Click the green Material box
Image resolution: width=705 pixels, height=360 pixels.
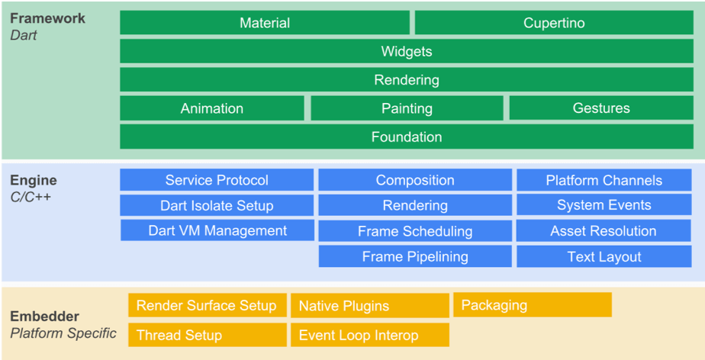(x=265, y=23)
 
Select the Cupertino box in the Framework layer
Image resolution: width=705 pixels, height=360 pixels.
(x=554, y=23)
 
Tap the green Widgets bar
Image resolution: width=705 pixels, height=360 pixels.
(x=406, y=52)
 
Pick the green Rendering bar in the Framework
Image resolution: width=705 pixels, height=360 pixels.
(x=406, y=80)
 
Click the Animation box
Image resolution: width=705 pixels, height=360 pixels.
(x=212, y=108)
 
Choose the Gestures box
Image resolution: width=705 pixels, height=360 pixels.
(x=601, y=108)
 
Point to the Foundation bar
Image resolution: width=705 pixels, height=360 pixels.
(x=406, y=137)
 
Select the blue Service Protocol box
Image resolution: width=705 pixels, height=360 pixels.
(x=217, y=180)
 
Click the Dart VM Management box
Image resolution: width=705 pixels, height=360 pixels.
(x=217, y=230)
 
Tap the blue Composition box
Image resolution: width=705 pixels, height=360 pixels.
(x=415, y=180)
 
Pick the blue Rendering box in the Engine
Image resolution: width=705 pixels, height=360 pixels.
(x=415, y=205)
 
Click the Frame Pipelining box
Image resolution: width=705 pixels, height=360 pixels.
(x=415, y=256)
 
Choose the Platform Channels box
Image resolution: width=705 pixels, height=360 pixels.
(x=604, y=180)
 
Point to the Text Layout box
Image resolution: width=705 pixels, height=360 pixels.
(x=604, y=256)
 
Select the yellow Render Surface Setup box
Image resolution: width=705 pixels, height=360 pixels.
(x=207, y=305)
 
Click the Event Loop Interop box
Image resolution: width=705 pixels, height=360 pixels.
(x=369, y=335)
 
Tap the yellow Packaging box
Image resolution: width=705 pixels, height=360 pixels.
(x=533, y=305)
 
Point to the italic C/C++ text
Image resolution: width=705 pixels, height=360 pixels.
(x=31, y=198)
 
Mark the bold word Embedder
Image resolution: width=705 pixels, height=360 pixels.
(x=44, y=317)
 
